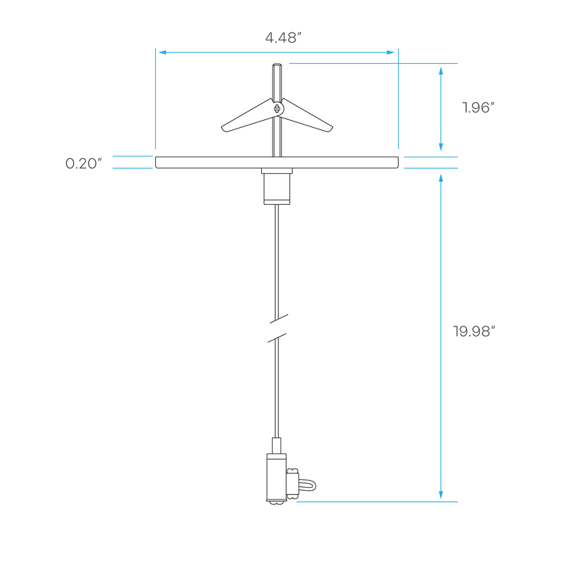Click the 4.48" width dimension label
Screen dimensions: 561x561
pos(284,37)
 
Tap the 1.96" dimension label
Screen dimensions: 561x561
pos(478,108)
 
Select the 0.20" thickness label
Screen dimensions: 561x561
pos(83,164)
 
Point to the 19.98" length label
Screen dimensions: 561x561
pos(474,331)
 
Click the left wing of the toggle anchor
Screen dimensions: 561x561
pos(247,116)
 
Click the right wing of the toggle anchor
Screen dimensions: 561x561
pos(307,116)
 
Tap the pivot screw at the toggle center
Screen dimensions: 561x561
pos(277,108)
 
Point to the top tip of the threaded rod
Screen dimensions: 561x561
pos(277,64)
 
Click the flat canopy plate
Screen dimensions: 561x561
pos(277,162)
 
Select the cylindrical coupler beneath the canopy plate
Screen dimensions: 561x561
pos(277,186)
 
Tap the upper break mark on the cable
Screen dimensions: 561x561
pos(279,319)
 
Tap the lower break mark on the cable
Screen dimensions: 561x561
pos(277,337)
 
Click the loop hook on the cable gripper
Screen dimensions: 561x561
pos(308,486)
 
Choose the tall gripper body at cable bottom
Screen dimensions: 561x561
pos(276,478)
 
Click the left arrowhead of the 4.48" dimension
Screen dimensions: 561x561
pos(162,52)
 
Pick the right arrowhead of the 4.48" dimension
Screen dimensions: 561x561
pos(390,52)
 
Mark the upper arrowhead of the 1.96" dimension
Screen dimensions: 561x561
pos(441,71)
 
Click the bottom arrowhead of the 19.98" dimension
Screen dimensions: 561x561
pos(441,495)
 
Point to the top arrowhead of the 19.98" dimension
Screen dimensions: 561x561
pos(441,178)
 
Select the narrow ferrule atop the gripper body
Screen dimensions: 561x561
pos(277,446)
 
